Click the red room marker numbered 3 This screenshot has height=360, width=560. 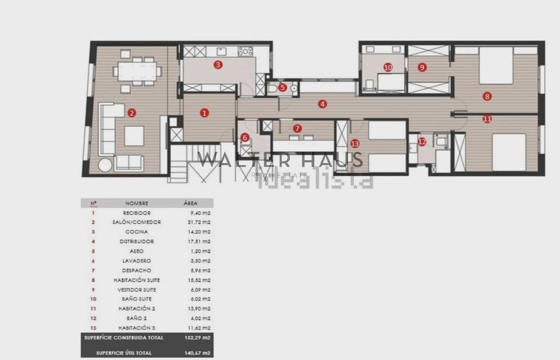coord(218,65)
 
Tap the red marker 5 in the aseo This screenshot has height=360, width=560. coord(283,87)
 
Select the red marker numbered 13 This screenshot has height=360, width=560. coord(355,143)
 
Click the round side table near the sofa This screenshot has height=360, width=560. coord(105,165)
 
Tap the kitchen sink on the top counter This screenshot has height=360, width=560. coord(221,51)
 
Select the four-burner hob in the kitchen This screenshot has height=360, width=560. coord(245,51)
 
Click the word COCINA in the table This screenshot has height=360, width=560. coord(136,232)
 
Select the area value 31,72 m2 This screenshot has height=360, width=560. coord(198,222)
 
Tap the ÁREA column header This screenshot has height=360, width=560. coord(190,203)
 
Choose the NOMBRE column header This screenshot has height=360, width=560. coord(136,203)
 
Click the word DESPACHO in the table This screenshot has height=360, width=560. coord(136,270)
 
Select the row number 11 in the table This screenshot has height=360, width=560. coord(93,309)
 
